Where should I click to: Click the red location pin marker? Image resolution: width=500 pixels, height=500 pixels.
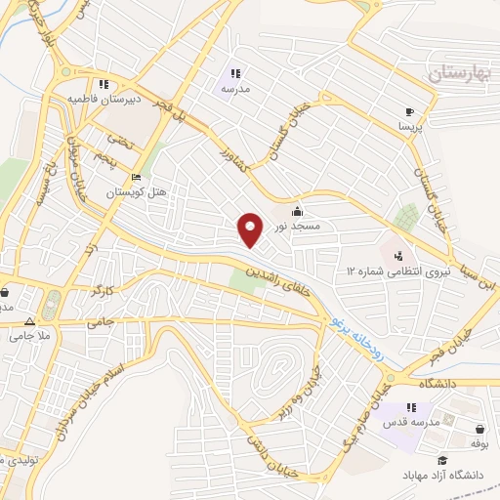[x=251, y=230]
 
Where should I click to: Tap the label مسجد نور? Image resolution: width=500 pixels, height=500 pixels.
[x=294, y=226]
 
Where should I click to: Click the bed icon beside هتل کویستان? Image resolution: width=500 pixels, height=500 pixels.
[x=136, y=178]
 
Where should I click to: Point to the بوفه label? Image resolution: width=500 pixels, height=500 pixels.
[x=479, y=443]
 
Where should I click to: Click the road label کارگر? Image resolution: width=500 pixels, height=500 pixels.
[x=103, y=291]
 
